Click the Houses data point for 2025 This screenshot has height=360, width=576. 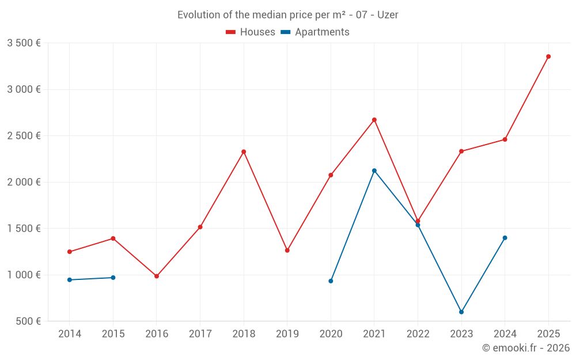coord(548,56)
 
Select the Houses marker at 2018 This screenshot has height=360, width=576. coord(244,151)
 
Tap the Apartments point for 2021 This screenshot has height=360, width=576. coord(374,170)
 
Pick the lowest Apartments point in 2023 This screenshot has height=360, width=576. coord(461,312)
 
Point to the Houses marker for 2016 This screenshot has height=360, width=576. coord(157,276)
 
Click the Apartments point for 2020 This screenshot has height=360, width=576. coord(331,281)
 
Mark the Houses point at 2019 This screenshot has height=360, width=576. coord(287,250)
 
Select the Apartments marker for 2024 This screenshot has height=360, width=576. coord(505,238)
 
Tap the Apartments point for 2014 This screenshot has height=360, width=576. coord(70,280)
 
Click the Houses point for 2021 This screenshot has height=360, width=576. coord(374,120)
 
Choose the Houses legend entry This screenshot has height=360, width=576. coord(251,32)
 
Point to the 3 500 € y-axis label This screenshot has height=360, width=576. coord(24,43)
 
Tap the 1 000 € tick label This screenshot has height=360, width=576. coord(24,275)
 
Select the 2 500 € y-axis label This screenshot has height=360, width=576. coord(24,136)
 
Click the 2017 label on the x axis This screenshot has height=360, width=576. coord(200,334)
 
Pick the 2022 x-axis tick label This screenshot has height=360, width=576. coord(418,334)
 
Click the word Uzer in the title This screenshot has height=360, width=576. coord(388,15)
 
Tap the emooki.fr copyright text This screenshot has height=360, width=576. coord(525,348)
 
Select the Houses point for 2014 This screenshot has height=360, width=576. coord(70,252)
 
